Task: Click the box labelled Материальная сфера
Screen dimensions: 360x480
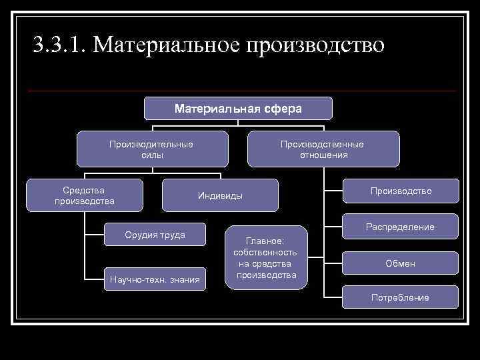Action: tap(238, 109)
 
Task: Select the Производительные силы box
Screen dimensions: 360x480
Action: tap(152, 149)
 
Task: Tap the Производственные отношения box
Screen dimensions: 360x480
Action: tap(323, 149)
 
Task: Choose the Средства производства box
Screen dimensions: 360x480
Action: tap(85, 195)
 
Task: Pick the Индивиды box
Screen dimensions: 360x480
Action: tap(221, 196)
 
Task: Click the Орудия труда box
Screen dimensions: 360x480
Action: tap(155, 235)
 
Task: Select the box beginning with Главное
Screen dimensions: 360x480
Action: tap(266, 257)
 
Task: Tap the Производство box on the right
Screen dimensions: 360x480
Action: tap(401, 191)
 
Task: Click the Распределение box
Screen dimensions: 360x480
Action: tap(401, 227)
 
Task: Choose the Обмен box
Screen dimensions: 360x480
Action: tap(401, 263)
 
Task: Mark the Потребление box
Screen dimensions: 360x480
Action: tap(401, 297)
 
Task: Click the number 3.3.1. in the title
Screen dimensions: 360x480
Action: tap(59, 45)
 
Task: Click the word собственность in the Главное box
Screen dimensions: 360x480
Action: tap(266, 253)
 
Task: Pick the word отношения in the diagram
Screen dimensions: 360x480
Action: tap(323, 155)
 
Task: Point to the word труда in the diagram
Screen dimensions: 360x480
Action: tap(171, 235)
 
